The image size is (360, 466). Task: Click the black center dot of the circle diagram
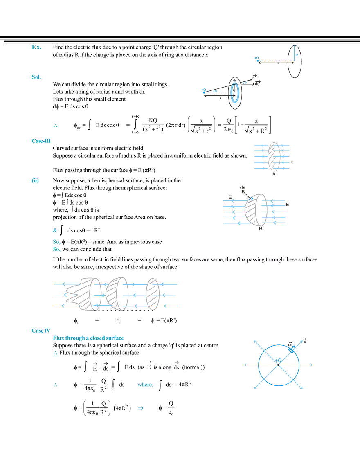[x=279, y=364]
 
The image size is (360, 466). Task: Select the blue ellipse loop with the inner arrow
[x=234, y=93]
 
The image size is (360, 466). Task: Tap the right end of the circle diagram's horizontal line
[x=313, y=364]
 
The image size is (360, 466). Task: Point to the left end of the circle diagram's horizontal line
[x=245, y=364]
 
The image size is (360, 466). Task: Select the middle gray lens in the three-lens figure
[x=116, y=295]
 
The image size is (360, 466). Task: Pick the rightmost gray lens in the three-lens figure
[x=152, y=295]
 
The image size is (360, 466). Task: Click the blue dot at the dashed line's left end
[x=256, y=60]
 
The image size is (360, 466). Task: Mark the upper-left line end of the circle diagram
[x=254, y=340]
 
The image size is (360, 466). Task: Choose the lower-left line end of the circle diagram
[x=254, y=387]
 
